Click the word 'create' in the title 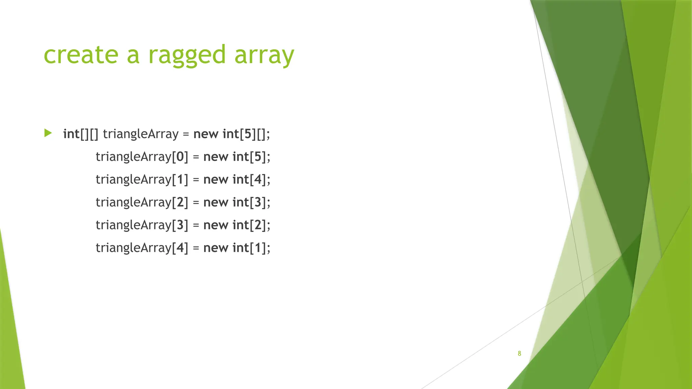81,55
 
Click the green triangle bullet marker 48,133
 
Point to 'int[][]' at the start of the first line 81,134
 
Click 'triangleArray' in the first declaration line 141,134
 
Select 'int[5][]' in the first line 246,134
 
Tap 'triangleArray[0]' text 142,157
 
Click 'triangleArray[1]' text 142,180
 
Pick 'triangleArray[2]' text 142,203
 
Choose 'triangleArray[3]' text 142,225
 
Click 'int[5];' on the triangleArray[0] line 251,157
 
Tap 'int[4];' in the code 251,180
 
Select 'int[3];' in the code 251,203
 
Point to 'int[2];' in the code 251,225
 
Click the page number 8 519,354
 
